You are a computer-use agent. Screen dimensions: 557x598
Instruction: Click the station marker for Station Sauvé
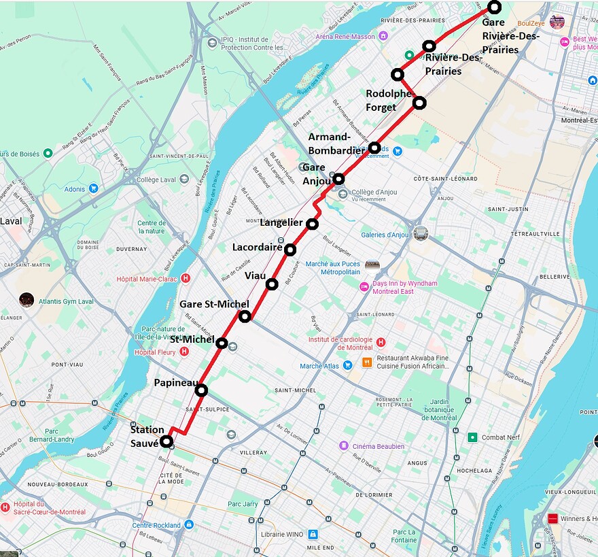pyautogui.click(x=166, y=441)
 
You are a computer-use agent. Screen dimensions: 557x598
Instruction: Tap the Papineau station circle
pyautogui.click(x=201, y=390)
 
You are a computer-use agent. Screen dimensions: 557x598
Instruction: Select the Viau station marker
pyautogui.click(x=272, y=284)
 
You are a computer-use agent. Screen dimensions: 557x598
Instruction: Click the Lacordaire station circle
pyautogui.click(x=290, y=250)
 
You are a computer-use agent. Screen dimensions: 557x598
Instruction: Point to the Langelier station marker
pyautogui.click(x=312, y=224)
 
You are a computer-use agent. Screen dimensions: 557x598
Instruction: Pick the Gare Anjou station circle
pyautogui.click(x=338, y=179)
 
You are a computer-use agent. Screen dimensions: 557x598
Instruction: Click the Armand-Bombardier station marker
pyautogui.click(x=374, y=148)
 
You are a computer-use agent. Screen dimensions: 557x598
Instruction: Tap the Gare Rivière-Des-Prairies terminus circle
pyautogui.click(x=494, y=7)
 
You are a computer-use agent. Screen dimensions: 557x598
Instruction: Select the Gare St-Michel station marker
pyautogui.click(x=245, y=316)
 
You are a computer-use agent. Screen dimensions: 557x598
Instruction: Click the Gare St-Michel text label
pyautogui.click(x=214, y=304)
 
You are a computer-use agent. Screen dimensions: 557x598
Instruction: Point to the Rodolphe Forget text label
pyautogui.click(x=389, y=100)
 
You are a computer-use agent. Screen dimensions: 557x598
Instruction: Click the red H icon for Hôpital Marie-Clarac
pyautogui.click(x=186, y=278)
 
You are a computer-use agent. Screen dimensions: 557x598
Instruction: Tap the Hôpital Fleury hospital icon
pyautogui.click(x=183, y=352)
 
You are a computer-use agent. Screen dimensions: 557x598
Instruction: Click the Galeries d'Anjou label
pyautogui.click(x=385, y=235)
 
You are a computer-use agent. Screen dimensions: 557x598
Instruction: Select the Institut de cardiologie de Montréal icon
pyautogui.click(x=381, y=343)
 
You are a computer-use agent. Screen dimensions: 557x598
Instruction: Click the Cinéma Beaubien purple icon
pyautogui.click(x=345, y=446)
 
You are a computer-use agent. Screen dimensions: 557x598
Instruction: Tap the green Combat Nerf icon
pyautogui.click(x=472, y=437)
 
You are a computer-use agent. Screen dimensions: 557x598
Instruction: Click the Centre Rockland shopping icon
pyautogui.click(x=189, y=524)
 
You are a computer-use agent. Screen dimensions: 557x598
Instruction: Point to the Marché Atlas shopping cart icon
pyautogui.click(x=347, y=366)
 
